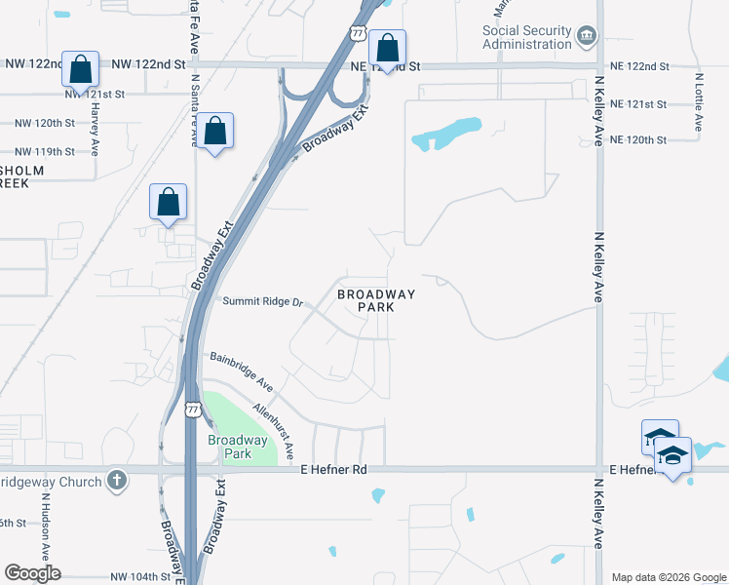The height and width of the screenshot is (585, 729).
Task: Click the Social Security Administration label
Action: (526, 38)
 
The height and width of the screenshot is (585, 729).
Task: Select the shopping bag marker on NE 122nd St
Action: (388, 49)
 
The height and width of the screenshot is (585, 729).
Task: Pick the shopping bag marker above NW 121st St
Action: (80, 69)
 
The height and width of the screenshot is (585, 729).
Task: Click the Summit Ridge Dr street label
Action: (263, 302)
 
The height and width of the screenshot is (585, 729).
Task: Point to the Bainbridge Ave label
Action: (241, 370)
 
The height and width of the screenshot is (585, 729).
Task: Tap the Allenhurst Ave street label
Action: (273, 430)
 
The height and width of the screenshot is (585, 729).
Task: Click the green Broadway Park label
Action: (229, 447)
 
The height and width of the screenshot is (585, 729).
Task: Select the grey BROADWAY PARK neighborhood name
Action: (376, 300)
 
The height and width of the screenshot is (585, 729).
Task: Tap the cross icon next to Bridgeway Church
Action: (116, 481)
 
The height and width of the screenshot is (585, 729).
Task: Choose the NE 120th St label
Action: (637, 140)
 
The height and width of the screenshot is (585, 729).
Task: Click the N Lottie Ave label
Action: (699, 101)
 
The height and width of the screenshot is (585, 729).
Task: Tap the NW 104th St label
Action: (140, 577)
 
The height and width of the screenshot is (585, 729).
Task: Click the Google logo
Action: (32, 573)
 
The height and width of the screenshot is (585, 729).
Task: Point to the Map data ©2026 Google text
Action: (668, 577)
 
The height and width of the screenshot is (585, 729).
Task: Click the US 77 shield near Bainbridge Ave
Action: (193, 408)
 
